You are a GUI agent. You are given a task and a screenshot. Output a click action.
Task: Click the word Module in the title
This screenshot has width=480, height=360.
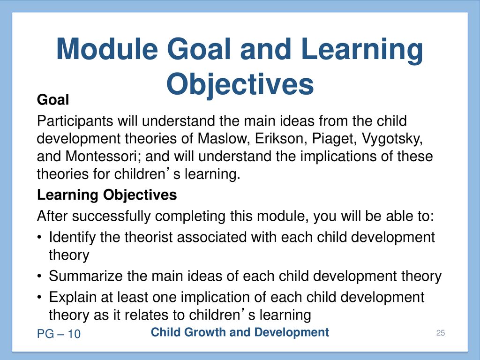pyautogui.click(x=107, y=49)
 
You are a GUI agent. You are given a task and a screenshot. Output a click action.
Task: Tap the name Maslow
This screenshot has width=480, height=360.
pyautogui.click(x=222, y=139)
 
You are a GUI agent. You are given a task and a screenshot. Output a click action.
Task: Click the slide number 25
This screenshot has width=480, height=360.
pyautogui.click(x=441, y=333)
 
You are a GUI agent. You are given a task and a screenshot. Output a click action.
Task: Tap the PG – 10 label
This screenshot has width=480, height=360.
pyautogui.click(x=59, y=334)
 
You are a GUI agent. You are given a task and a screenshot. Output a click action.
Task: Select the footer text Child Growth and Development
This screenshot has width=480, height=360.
pyautogui.click(x=240, y=332)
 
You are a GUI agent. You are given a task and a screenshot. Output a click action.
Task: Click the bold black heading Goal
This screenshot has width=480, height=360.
pyautogui.click(x=53, y=100)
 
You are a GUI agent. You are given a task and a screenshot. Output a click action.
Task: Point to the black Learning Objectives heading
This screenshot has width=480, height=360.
pyautogui.click(x=107, y=195)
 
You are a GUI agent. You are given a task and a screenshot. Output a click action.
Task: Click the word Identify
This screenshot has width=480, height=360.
pyautogui.click(x=72, y=238)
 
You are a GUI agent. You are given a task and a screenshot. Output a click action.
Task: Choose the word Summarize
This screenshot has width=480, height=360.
pyautogui.click(x=86, y=276)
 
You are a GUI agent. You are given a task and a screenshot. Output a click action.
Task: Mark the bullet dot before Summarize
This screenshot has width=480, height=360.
pyautogui.click(x=39, y=277)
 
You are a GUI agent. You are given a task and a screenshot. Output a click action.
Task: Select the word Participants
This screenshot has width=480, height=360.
pyautogui.click(x=75, y=121)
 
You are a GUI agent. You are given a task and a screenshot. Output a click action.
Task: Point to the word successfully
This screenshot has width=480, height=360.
pyautogui.click(x=112, y=217)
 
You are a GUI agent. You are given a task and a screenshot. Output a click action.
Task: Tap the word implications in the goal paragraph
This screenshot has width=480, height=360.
pyautogui.click(x=338, y=157)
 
